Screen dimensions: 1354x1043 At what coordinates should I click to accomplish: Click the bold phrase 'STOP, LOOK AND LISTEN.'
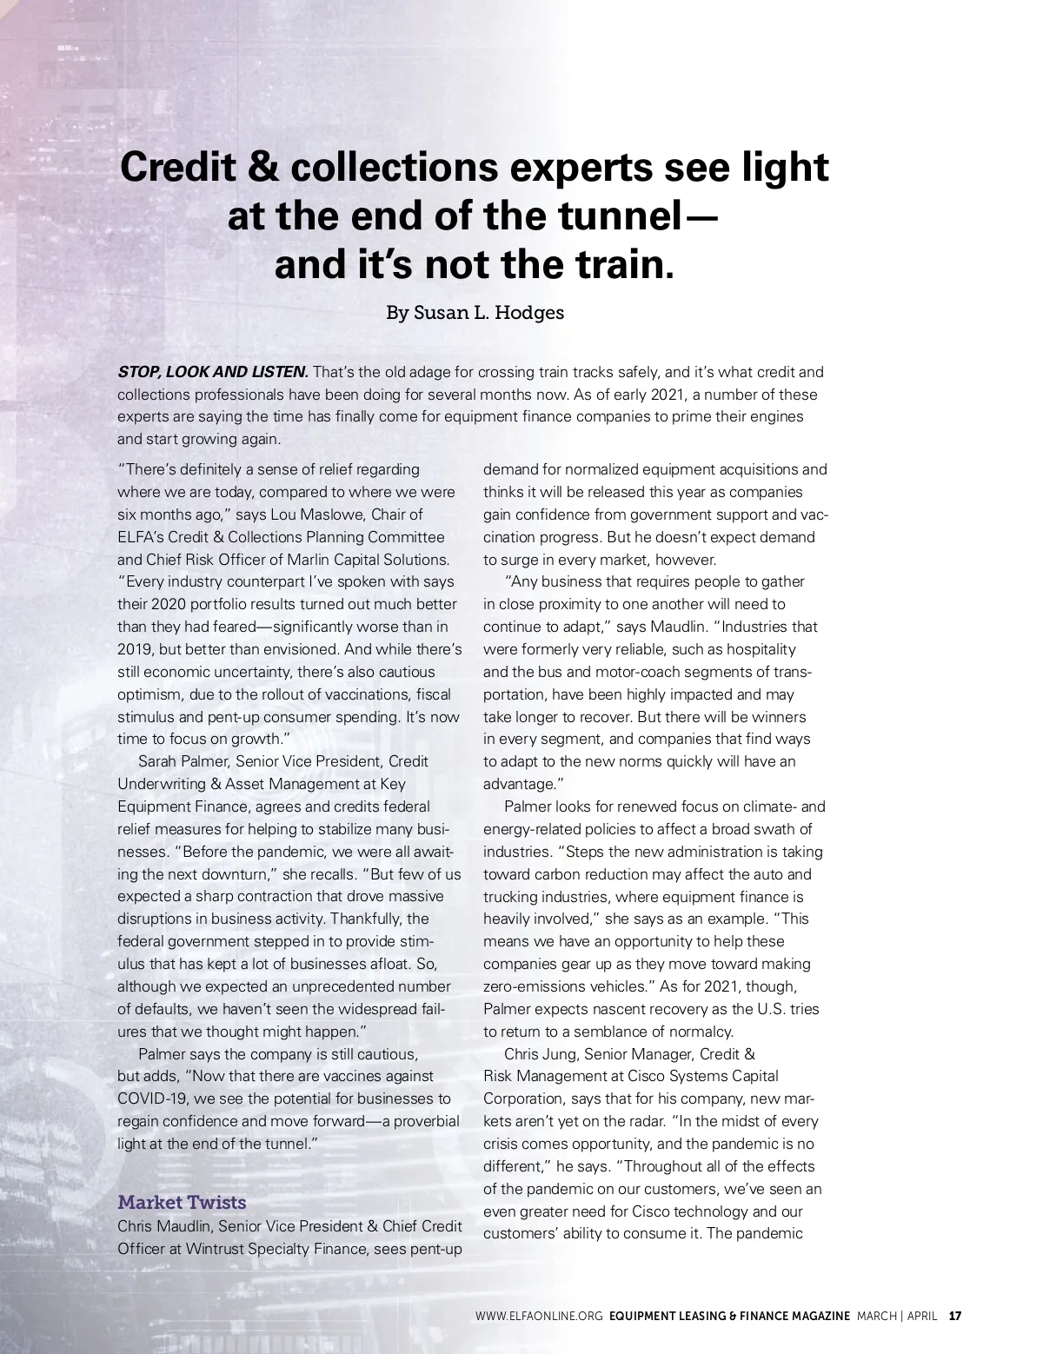213,372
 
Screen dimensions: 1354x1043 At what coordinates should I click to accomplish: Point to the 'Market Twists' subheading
182,1203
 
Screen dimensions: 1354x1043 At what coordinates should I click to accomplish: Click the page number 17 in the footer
955,1316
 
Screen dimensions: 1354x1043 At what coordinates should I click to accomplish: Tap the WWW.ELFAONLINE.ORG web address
539,1316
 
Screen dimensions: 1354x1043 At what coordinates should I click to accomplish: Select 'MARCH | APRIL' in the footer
897,1316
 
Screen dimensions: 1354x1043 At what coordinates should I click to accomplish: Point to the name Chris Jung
540,1054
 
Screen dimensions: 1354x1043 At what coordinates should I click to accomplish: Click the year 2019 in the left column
135,649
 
